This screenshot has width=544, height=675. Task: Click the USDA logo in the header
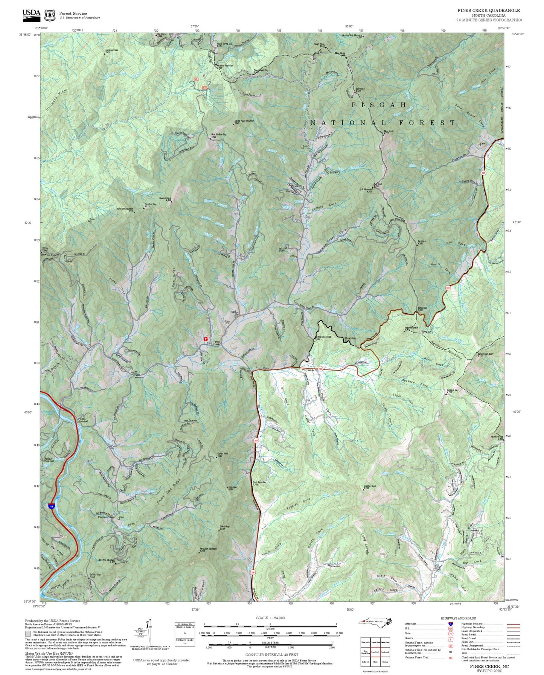click(31, 14)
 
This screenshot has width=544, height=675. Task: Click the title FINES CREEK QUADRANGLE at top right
click(489, 11)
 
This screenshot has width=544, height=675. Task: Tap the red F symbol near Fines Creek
click(206, 339)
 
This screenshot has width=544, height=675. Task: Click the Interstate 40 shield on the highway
click(51, 506)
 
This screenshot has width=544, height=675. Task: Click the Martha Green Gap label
click(323, 337)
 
